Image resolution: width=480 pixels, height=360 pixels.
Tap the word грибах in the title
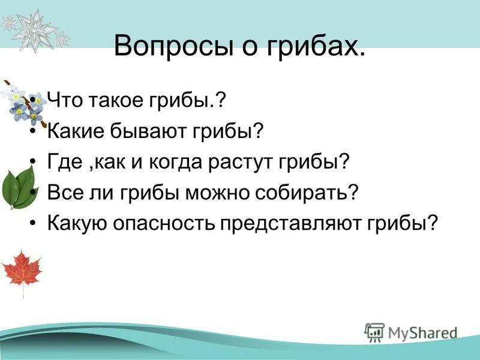click(316, 47)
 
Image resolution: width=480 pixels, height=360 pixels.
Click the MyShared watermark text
click(420, 332)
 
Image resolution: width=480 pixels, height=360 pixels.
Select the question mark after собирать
click(354, 192)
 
